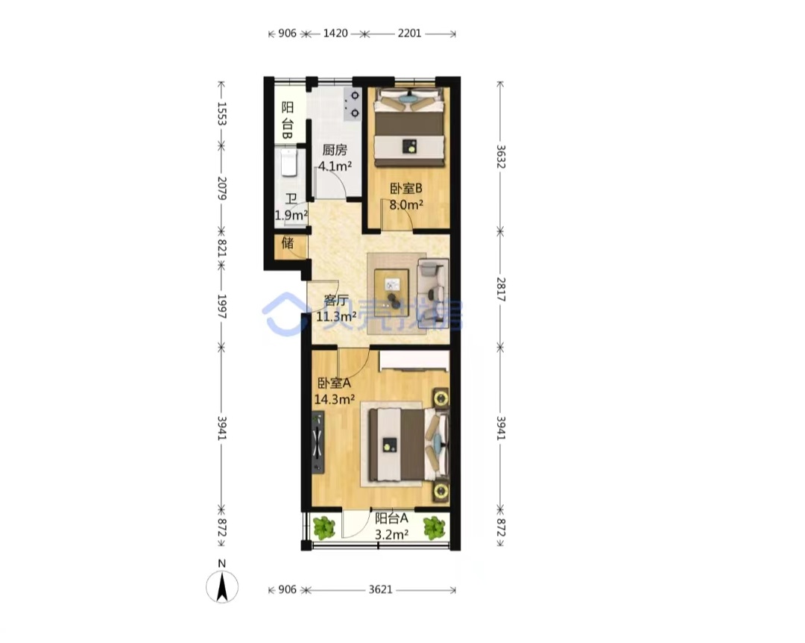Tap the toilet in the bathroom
[x=289, y=162]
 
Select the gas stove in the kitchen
[x=353, y=104]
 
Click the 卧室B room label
[x=406, y=189]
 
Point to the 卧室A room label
[x=334, y=383]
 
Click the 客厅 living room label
[x=336, y=300]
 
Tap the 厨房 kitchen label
[x=335, y=150]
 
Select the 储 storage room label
[x=288, y=242]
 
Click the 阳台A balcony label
[x=391, y=518]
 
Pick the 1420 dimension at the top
[x=335, y=34]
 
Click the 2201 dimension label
[x=409, y=34]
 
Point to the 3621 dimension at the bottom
[x=380, y=589]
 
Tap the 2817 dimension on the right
[x=501, y=289]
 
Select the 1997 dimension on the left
[x=222, y=307]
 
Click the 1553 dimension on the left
[x=222, y=113]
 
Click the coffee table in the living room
[x=392, y=289]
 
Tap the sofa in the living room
[x=433, y=293]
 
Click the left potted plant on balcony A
[x=324, y=527]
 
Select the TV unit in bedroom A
[x=318, y=442]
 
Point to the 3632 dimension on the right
[x=501, y=157]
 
